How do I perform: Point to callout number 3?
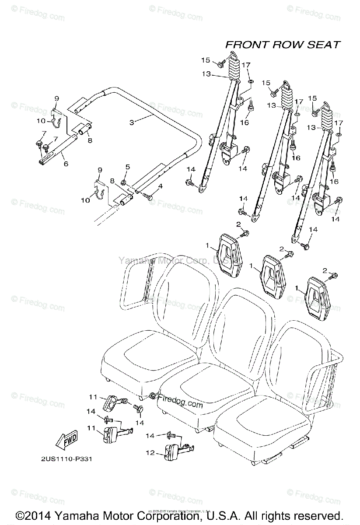pyautogui.click(x=132, y=123)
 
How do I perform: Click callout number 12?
pyautogui.click(x=150, y=453)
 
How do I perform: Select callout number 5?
pyautogui.click(x=128, y=167)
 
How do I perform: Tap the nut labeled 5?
pyautogui.click(x=124, y=182)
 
